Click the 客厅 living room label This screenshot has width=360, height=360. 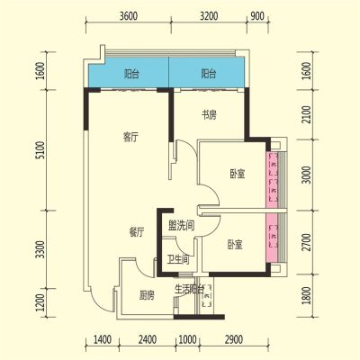tap(130, 138)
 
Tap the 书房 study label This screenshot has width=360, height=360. tap(209, 115)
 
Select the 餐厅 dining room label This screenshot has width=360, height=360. tap(137, 232)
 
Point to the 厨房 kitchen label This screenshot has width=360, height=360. tap(147, 295)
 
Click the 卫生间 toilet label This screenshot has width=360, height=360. tap(178, 259)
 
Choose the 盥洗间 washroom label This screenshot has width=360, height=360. tap(181, 225)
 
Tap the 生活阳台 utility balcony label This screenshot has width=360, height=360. tap(190, 290)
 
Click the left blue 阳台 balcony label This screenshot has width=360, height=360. tap(131, 74)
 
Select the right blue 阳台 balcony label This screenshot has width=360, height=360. tap(209, 74)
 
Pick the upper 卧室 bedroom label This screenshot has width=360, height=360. tap(238, 174)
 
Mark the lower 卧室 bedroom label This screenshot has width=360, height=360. tap(235, 245)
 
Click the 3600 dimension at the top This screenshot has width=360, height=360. tap(129, 16)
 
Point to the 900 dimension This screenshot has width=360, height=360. tap(257, 16)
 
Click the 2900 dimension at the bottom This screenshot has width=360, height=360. tap(233, 340)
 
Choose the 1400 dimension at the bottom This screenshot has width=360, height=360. tap(103, 340)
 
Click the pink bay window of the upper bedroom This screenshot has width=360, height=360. tap(272, 179)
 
